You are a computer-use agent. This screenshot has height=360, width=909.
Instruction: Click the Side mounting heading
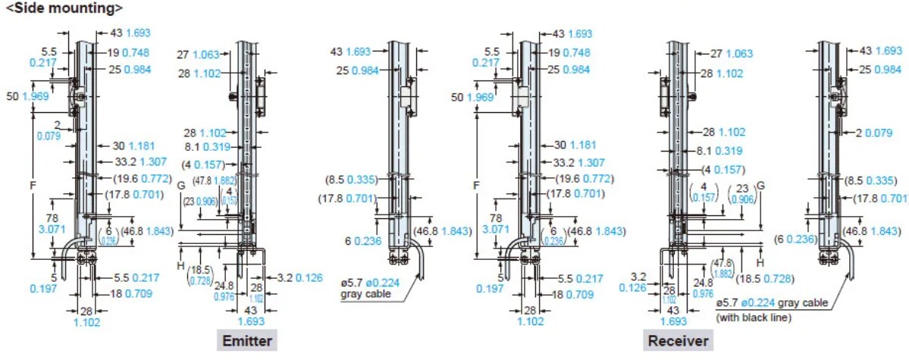(x=64, y=8)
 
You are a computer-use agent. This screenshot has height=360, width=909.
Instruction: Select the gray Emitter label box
(x=246, y=340)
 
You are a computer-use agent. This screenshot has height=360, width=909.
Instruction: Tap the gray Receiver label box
(x=677, y=340)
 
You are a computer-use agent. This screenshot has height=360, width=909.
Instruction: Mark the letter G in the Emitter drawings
(x=180, y=184)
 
